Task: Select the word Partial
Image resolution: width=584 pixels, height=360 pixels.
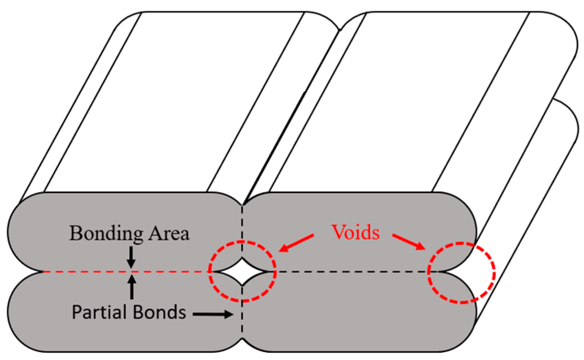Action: [x=98, y=312]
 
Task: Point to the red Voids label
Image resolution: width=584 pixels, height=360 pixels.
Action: [x=356, y=232]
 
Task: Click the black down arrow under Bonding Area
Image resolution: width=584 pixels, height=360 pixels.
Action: [x=132, y=258]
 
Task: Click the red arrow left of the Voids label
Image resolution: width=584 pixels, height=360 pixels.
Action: [x=296, y=243]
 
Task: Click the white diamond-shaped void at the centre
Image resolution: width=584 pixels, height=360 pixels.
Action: [x=243, y=272]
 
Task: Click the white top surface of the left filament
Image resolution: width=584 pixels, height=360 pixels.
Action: [x=173, y=101]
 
